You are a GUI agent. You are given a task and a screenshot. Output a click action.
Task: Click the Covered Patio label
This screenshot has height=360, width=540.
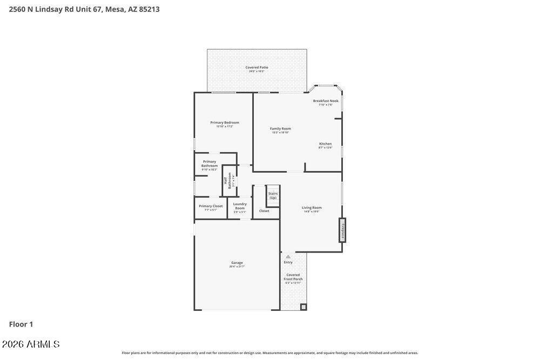[256, 68]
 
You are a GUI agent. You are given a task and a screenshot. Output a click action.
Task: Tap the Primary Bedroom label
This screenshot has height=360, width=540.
[225, 123]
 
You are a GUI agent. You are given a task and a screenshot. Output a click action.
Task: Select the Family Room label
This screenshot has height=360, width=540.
[280, 129]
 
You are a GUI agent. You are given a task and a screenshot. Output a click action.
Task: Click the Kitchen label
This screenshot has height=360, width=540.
[325, 144]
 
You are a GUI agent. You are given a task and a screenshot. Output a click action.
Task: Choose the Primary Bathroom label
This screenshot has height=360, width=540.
[210, 164]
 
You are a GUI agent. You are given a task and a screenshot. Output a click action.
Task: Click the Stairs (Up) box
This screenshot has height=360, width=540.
[273, 195]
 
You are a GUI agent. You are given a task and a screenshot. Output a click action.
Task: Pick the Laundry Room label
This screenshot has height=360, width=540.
[240, 206]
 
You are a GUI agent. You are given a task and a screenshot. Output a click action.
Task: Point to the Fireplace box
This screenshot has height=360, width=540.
[342, 230]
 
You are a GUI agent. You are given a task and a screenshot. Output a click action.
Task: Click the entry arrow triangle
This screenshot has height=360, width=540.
[288, 256]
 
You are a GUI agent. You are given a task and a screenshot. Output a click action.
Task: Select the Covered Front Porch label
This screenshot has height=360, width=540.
[293, 277]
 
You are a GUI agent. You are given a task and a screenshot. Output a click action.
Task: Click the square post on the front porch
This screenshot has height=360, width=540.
[303, 307]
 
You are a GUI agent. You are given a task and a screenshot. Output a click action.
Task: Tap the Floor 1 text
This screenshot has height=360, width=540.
[21, 324]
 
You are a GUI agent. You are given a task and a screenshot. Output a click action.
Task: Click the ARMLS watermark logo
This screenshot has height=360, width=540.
[31, 344]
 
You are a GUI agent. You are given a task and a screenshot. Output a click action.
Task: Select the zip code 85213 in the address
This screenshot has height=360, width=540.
[149, 9]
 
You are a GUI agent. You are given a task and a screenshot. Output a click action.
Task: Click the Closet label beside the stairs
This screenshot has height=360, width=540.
[264, 211]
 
